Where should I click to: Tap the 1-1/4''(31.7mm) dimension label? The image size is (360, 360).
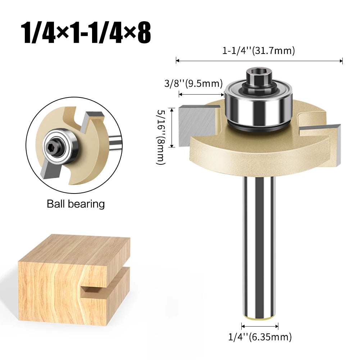pyautogui.click(x=259, y=51)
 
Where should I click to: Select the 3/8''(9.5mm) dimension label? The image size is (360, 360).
pyautogui.click(x=193, y=83)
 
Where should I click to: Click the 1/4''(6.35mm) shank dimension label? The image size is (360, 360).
pyautogui.click(x=260, y=337)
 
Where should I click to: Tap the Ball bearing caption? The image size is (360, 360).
pyautogui.click(x=76, y=204)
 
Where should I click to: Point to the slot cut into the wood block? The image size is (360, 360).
pyautogui.click(x=104, y=288)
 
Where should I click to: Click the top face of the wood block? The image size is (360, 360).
pyautogui.click(x=74, y=248)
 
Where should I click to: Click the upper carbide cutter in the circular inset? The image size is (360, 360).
pyautogui.click(x=92, y=119)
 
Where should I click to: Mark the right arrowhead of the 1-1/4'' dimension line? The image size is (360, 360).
pyautogui.click(x=341, y=61)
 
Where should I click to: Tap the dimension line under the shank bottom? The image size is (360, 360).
pyautogui.click(x=260, y=327)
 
